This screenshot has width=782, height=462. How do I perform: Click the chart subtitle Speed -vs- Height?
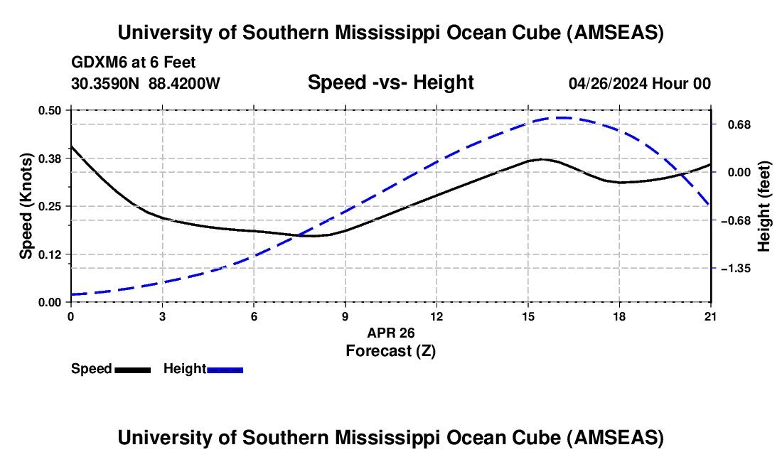390,83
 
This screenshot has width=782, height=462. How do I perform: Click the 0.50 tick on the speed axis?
50,110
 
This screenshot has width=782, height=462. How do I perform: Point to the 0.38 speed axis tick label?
50,158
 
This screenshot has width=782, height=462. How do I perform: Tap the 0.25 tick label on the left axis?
50,206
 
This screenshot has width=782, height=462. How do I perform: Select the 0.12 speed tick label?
50,254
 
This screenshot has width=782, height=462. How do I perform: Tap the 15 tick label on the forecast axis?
527,317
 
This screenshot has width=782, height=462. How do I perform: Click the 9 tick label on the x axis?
345,317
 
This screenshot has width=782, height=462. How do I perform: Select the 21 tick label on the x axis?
711,317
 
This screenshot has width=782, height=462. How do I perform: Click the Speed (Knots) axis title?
26,206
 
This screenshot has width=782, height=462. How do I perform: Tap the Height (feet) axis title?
764,206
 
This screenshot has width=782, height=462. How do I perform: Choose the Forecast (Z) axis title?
390,350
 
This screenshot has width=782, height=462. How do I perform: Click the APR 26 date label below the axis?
390,333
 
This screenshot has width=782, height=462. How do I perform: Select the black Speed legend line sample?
132,370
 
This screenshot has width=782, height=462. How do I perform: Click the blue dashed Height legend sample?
225,370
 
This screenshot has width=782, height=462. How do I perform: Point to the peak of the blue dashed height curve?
562,118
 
